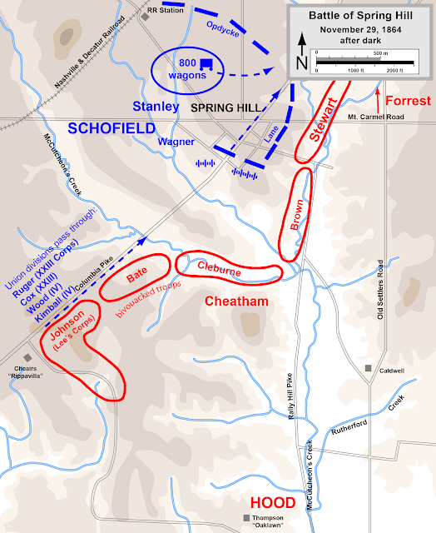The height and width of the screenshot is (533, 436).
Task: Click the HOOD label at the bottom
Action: (x=272, y=503)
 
